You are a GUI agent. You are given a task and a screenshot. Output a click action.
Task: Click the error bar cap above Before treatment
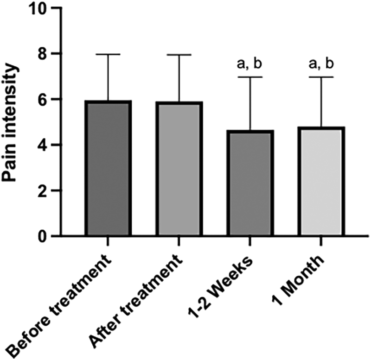click(x=108, y=54)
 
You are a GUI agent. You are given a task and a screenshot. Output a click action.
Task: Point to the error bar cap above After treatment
click(x=179, y=55)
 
